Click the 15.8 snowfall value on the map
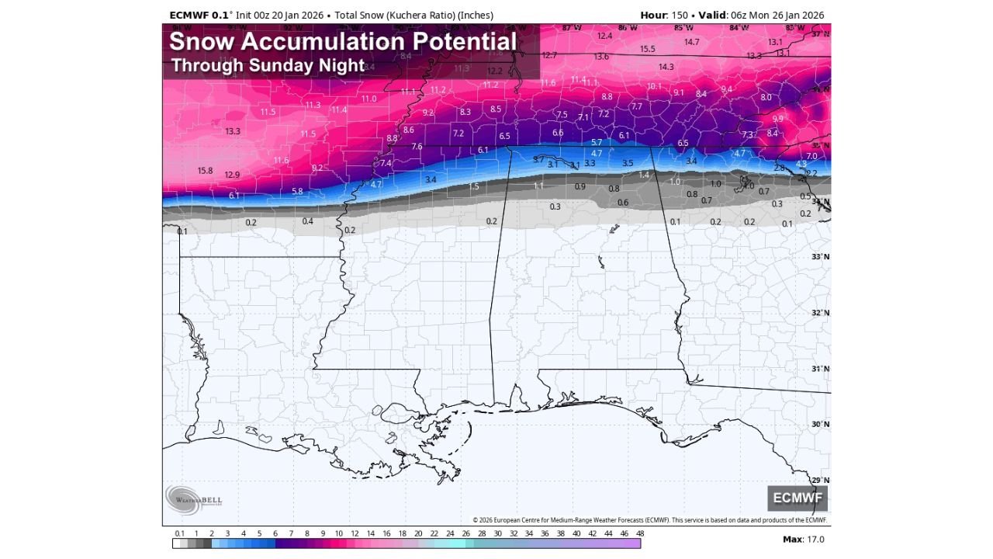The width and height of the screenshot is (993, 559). [205, 171]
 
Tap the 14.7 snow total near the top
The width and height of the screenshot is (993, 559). [692, 42]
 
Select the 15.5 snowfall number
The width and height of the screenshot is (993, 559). [648, 49]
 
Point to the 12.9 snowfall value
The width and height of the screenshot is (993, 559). [232, 175]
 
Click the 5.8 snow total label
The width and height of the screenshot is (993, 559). [297, 191]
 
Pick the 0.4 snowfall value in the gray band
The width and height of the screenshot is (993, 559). [308, 221]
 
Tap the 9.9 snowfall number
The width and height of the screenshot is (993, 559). [778, 119]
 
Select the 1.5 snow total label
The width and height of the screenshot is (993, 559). [474, 186]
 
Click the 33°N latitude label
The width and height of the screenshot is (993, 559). [820, 257]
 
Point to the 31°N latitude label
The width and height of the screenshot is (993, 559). [820, 369]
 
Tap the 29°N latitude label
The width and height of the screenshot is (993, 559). [820, 481]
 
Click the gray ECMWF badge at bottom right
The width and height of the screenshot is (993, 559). [798, 498]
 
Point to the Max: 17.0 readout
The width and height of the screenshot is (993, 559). [804, 540]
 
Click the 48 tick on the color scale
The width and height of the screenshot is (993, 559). [640, 533]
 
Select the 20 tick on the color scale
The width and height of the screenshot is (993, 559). [418, 533]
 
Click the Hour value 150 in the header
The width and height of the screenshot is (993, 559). [680, 15]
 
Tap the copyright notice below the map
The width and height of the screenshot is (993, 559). [649, 520]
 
